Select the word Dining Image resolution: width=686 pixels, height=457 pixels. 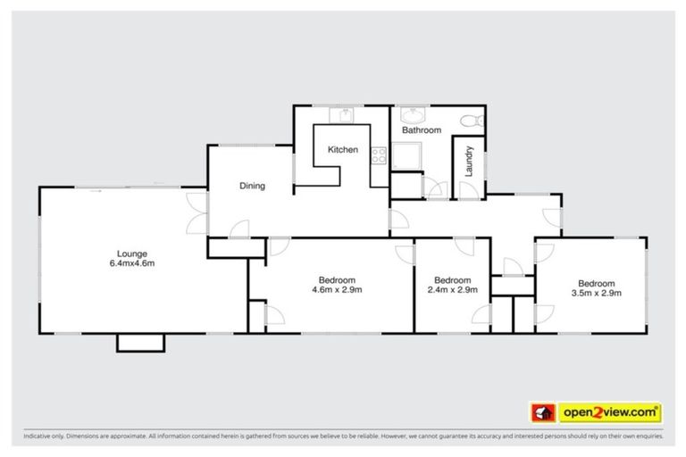(252, 186)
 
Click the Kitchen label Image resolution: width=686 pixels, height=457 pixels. (342, 150)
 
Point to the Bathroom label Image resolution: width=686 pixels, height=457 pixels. (421, 130)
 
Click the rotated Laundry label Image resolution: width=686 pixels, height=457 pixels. (467, 160)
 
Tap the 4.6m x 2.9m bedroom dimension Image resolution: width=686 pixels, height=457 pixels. (337, 289)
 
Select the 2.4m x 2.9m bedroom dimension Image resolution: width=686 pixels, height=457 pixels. (453, 289)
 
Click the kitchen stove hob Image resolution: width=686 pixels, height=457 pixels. (379, 156)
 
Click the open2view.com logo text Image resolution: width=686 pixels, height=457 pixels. (610, 412)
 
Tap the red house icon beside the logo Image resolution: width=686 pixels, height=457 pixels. (540, 412)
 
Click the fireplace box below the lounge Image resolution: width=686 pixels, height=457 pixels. (140, 343)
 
